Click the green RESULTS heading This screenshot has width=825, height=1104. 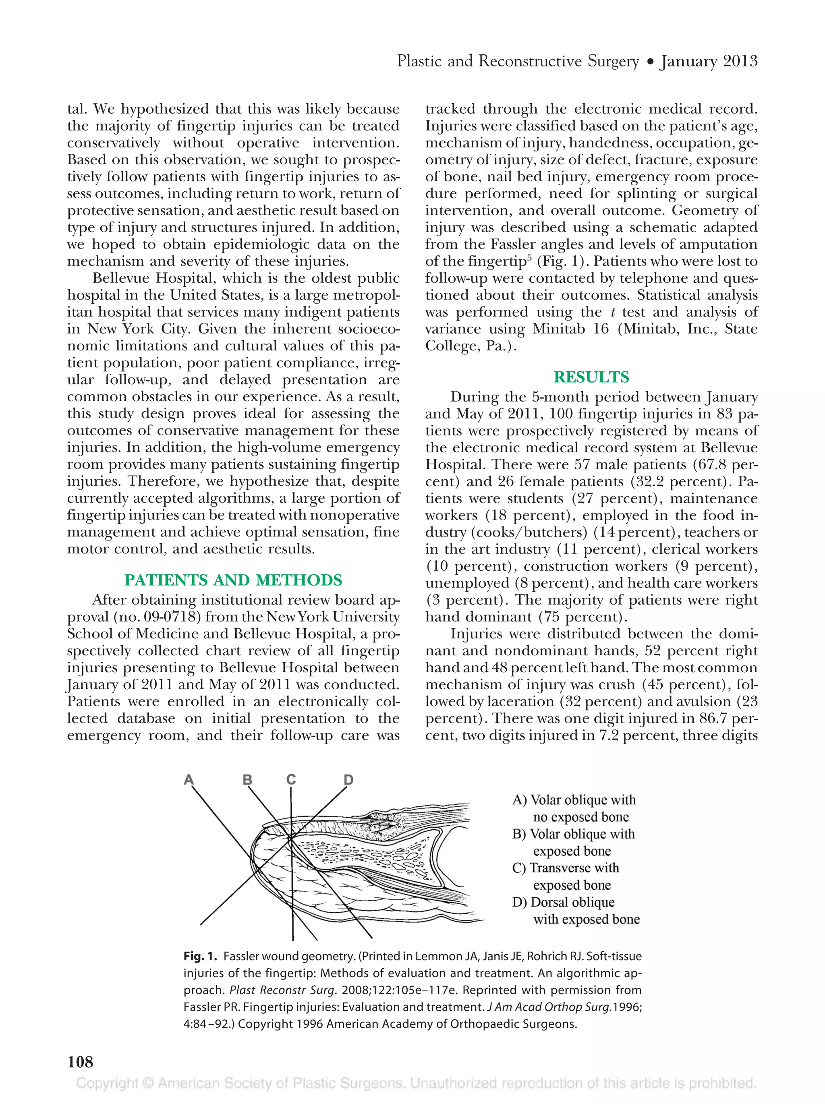coord(591,377)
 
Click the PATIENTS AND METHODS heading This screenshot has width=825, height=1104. coord(233,580)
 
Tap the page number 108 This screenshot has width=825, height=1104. coord(80,1062)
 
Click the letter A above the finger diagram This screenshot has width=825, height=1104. coord(189,780)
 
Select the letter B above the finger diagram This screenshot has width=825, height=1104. coord(247,780)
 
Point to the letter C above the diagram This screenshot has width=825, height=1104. coord(291,780)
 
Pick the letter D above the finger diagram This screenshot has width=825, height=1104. coord(348,780)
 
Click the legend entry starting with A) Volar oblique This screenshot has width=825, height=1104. coord(574,800)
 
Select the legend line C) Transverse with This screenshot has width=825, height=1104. coord(566,868)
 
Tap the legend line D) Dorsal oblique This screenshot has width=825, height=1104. coord(564,902)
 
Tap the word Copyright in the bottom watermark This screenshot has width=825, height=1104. coord(106,1083)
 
